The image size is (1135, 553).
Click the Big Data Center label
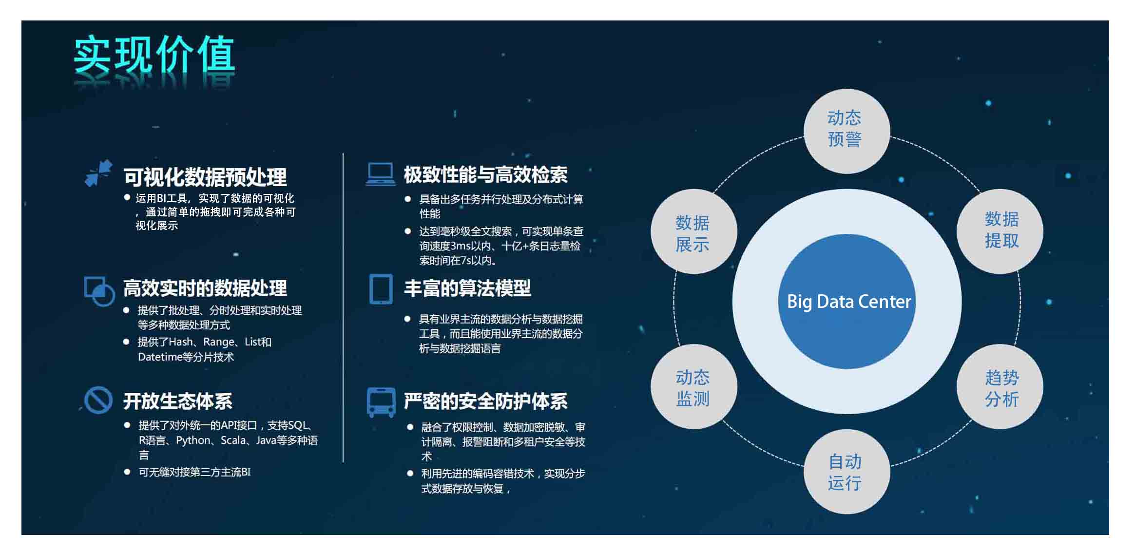pos(849,302)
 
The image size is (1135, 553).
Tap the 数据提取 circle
pos(1000,231)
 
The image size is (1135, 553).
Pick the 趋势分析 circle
pos(1000,387)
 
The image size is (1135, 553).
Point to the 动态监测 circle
pos(693,387)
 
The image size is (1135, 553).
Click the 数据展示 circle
pos(693,231)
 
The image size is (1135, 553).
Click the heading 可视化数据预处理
pos(205,177)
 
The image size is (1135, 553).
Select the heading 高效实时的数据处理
pos(205,288)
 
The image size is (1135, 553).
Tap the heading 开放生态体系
pos(178,401)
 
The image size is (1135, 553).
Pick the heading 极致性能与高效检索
pos(486,174)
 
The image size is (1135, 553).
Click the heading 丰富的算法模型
pos(467,288)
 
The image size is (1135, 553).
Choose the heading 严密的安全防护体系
pos(486,401)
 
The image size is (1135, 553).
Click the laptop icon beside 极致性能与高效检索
pos(381,174)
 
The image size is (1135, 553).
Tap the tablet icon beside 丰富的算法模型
pos(381,289)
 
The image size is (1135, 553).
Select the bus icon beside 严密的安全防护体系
pos(381,402)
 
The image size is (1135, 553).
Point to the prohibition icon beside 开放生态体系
pos(98,400)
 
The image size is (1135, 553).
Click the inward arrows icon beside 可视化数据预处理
pos(98,173)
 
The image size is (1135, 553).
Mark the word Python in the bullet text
pos(193,440)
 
